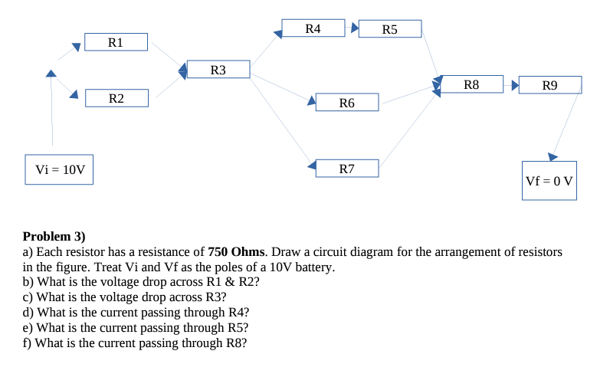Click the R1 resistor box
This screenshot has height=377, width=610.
pos(116,41)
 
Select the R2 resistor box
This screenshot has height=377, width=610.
pos(116,98)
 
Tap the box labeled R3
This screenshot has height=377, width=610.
pos(218,70)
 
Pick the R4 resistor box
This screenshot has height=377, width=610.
pos(313,28)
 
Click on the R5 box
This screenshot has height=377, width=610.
pos(389,29)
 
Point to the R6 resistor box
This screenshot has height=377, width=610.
pos(346,102)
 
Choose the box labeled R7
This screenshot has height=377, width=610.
pos(346,168)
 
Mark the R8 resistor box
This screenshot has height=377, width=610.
pos(471,84)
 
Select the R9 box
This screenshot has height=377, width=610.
pos(549,84)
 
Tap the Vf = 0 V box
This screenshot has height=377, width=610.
pos(549,181)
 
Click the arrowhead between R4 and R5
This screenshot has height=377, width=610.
pos(354,28)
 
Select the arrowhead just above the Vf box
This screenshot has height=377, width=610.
pos(553,156)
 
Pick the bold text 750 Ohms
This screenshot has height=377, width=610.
pos(237,251)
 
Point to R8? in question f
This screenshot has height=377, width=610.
pos(235,343)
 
